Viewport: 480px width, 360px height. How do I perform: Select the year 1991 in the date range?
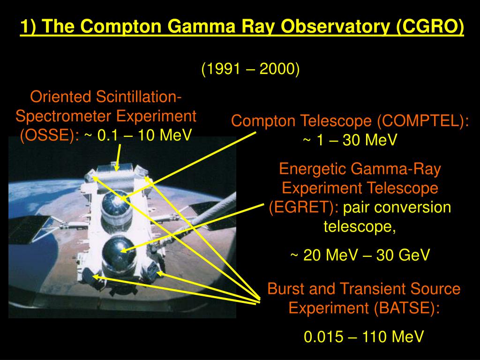tap(223, 69)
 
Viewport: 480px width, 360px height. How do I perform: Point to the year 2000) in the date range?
tap(279, 69)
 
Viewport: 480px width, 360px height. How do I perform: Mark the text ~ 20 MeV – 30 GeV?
tap(360, 255)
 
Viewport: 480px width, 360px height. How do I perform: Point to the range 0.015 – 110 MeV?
tap(364, 337)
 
